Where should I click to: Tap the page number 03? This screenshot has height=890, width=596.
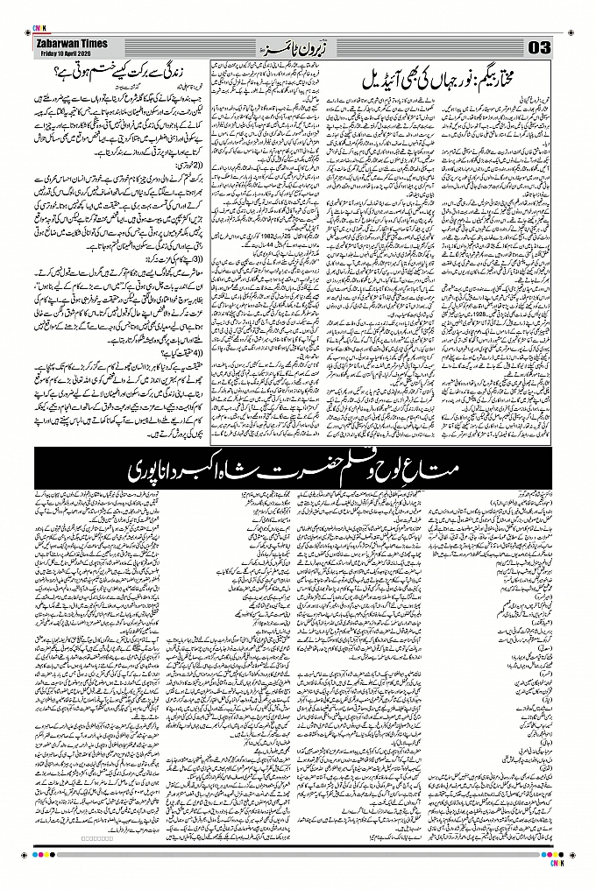537,46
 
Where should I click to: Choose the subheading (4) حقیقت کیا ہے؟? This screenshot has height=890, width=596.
175,353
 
